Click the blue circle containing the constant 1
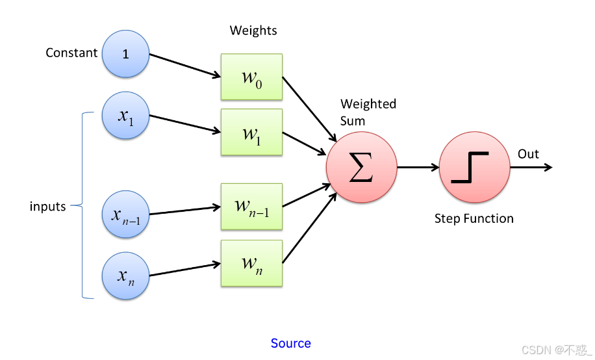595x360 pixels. [126, 53]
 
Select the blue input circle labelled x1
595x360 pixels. [126, 116]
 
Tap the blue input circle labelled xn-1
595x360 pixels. [126, 213]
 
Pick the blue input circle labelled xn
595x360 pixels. [126, 276]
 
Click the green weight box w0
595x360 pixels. [251, 77]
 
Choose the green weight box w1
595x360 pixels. [251, 133]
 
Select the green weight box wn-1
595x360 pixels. [251, 207]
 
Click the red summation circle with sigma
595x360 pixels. [361, 167]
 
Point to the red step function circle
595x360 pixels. [474, 167]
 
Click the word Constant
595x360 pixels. [71, 53]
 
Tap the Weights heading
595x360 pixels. [253, 31]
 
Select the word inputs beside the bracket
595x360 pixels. [48, 207]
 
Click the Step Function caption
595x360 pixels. [474, 218]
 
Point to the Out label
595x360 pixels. [528, 154]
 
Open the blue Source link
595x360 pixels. [291, 343]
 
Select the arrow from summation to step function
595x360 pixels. [418, 167]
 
